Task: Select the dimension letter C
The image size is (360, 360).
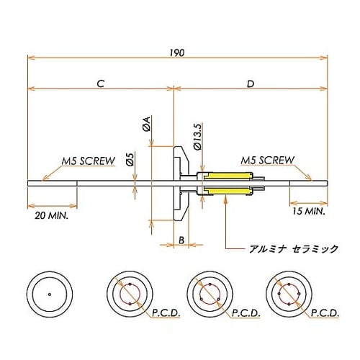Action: click(101, 84)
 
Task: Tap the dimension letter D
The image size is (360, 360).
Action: click(250, 84)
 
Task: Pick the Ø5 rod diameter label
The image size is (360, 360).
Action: click(130, 160)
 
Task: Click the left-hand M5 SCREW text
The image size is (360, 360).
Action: click(88, 161)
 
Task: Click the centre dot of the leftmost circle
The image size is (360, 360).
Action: click(49, 294)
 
